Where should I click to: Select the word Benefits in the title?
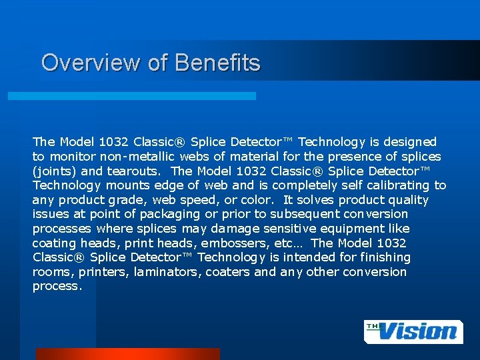click(217, 63)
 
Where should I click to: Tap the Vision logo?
click(413, 331)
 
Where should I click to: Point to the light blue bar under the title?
click(131, 96)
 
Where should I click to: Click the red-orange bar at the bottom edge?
click(127, 354)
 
